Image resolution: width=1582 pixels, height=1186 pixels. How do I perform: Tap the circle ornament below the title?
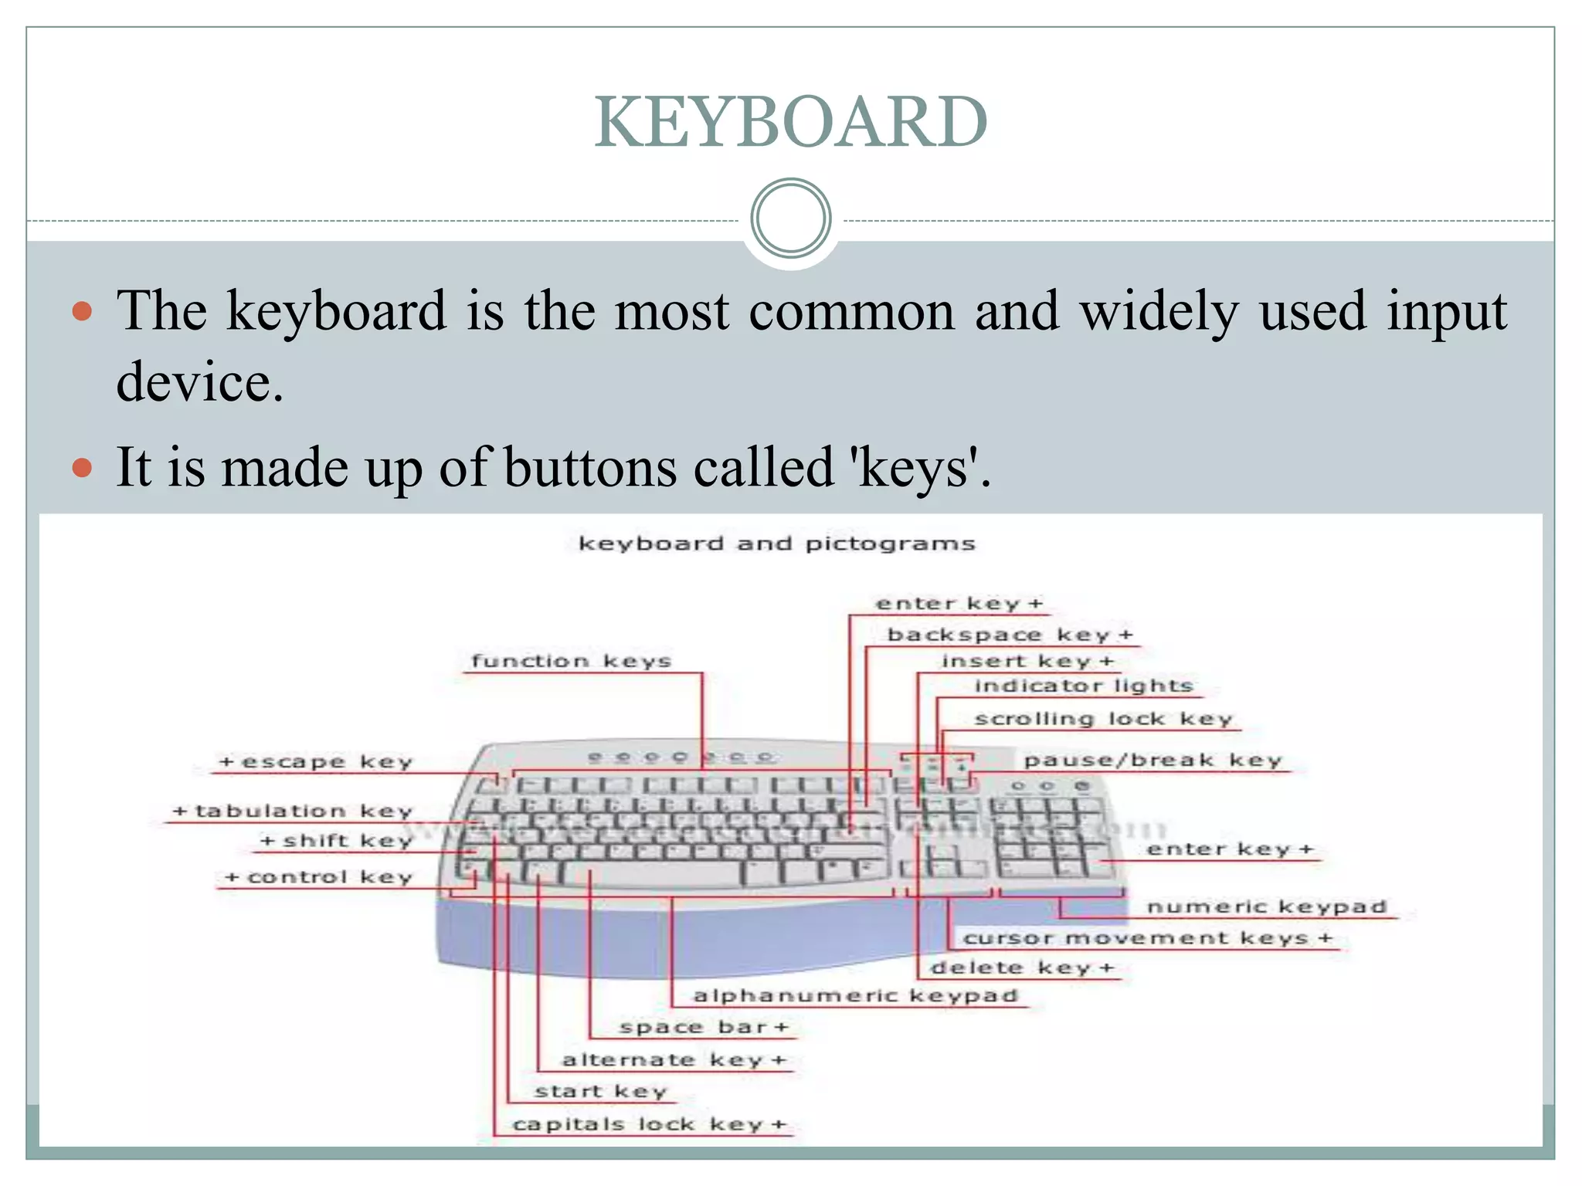pos(790,219)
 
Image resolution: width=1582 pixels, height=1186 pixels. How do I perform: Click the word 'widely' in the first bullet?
pos(1159,312)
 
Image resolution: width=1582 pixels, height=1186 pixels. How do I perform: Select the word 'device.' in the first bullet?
pos(200,383)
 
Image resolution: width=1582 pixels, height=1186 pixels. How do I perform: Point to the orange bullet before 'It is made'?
pos(82,468)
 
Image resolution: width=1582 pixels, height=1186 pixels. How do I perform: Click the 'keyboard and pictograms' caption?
pos(777,544)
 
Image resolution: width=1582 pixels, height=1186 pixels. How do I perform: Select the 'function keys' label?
pos(572,662)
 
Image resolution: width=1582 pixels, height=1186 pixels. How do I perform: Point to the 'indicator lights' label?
pos(1084,686)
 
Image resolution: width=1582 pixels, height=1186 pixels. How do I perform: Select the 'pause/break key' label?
pos(1153,761)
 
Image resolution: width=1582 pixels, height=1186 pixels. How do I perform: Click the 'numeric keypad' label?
pos(1267,907)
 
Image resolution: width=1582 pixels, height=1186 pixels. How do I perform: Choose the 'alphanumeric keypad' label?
pos(856,996)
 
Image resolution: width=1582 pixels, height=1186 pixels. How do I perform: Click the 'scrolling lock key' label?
pos(1103,720)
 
